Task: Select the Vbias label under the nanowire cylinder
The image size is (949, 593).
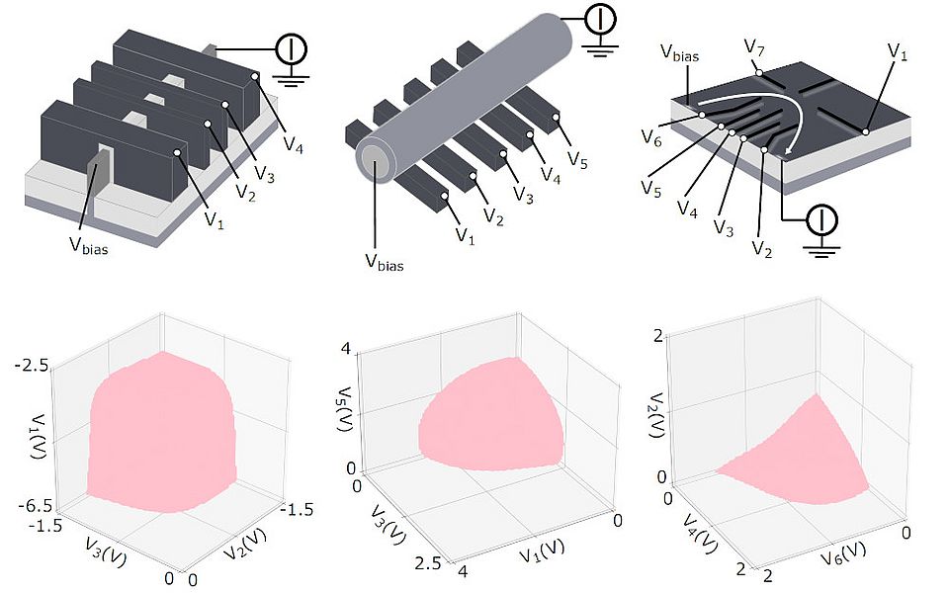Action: pos(384,261)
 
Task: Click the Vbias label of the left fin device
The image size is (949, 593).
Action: pos(87,248)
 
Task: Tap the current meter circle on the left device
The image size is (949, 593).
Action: pos(291,47)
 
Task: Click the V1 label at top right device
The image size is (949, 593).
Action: pos(897,50)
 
